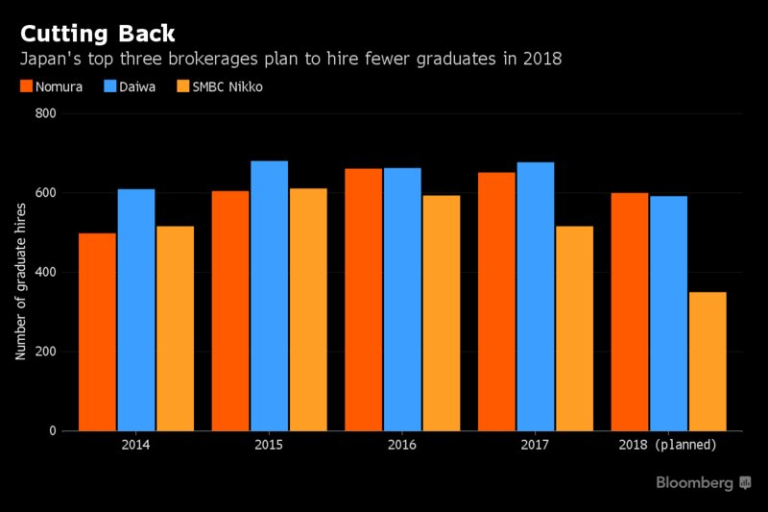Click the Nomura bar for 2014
[x=97, y=331]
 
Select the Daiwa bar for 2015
[x=269, y=296]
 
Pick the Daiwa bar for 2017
[x=535, y=297]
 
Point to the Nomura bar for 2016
[x=364, y=300]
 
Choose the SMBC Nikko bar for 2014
[x=176, y=329]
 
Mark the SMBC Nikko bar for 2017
[x=574, y=329]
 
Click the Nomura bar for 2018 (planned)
[x=630, y=312]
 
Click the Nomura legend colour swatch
[x=26, y=86]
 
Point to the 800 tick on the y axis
[x=46, y=113]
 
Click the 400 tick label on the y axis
[x=46, y=272]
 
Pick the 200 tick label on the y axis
[x=46, y=352]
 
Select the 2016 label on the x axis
[x=402, y=445]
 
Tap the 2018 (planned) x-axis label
[x=668, y=445]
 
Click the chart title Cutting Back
[x=99, y=34]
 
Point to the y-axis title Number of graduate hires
[x=20, y=272]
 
